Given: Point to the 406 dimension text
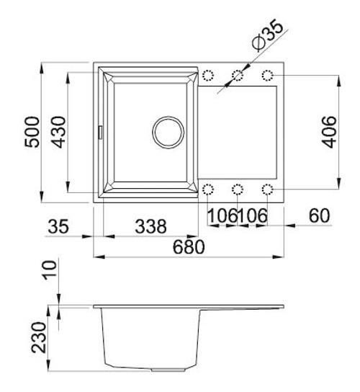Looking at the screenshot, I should (328, 132).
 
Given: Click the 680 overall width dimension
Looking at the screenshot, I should (189, 246).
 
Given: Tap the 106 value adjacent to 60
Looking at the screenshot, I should (253, 215).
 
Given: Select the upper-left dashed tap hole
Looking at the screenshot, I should (208, 76).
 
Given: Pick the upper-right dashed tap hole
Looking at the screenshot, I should (268, 76).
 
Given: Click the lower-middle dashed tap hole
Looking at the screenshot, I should (238, 190).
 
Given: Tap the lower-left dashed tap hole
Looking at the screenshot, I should (208, 190).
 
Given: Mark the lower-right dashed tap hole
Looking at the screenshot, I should (268, 190).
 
